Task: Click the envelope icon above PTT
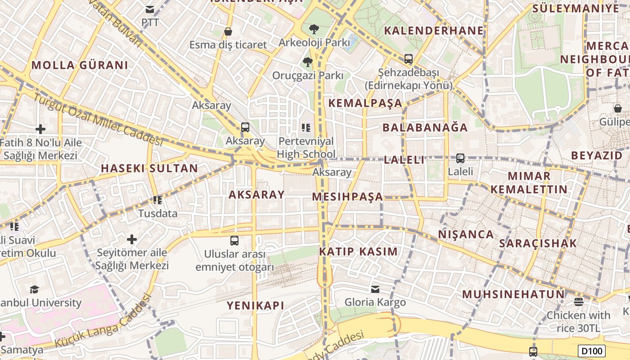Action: [150, 9]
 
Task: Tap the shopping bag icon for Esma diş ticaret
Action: [228, 32]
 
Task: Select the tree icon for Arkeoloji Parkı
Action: [314, 29]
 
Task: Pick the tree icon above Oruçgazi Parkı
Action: [308, 62]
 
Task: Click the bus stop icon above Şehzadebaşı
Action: [408, 58]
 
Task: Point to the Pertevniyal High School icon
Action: [306, 128]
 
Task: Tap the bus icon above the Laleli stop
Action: [460, 158]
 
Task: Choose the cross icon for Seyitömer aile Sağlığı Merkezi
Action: [132, 239]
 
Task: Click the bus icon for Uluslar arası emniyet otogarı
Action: [234, 240]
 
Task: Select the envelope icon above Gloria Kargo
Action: [375, 289]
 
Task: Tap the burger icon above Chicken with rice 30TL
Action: [578, 301]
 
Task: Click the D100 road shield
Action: [592, 351]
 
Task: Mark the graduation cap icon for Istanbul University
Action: [34, 289]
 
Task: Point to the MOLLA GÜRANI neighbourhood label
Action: [80, 65]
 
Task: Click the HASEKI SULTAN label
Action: [149, 168]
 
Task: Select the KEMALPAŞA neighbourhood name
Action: [365, 103]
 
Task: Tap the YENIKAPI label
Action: [255, 306]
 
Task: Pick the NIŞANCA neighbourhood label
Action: [466, 234]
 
